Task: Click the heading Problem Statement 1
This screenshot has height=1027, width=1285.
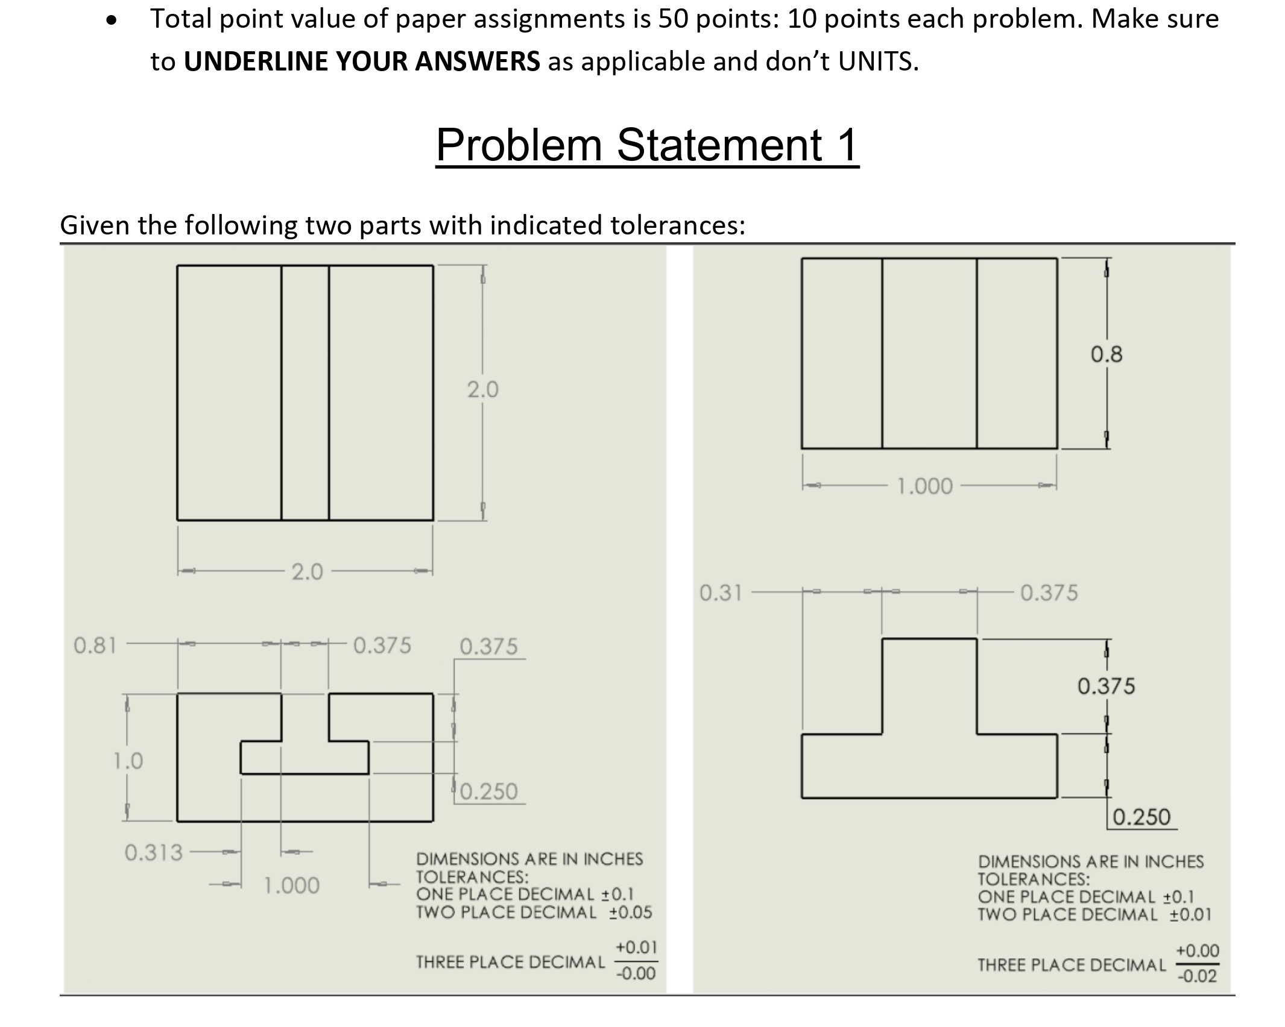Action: point(647,145)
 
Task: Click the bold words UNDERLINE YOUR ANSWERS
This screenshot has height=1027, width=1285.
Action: point(362,61)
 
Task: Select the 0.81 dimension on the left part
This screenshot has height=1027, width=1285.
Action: point(95,645)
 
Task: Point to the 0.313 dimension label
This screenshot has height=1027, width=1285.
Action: point(153,852)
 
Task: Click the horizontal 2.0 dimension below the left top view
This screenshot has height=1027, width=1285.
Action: point(307,571)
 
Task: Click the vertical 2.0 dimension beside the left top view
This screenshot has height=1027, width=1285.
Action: point(482,390)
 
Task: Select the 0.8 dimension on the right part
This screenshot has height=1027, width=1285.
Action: point(1107,354)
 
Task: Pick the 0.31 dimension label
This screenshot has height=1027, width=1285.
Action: point(721,593)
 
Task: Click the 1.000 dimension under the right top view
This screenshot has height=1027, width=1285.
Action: point(925,486)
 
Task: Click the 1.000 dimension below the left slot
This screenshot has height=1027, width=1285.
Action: point(292,885)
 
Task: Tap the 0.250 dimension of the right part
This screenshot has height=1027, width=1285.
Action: point(1141,817)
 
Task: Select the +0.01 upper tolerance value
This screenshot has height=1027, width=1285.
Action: point(636,947)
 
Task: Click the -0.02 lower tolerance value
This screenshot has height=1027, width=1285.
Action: point(1197,976)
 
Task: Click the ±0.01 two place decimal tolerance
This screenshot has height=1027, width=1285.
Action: point(1190,915)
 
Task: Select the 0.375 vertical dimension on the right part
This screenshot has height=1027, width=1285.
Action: point(1106,686)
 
